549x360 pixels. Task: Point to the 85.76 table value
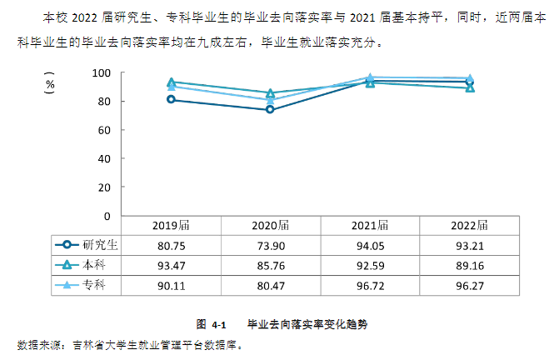point(271,265)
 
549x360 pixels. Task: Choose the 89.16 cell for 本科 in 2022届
point(469,265)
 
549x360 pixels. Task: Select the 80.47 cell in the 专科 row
point(271,286)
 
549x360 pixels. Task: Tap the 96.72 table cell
point(370,286)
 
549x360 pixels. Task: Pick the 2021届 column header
point(370,224)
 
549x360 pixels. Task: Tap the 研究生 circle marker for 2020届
point(270,110)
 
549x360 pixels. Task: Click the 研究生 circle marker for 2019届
point(171,100)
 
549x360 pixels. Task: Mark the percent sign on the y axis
point(51,83)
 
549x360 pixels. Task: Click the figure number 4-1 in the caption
point(219,324)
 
